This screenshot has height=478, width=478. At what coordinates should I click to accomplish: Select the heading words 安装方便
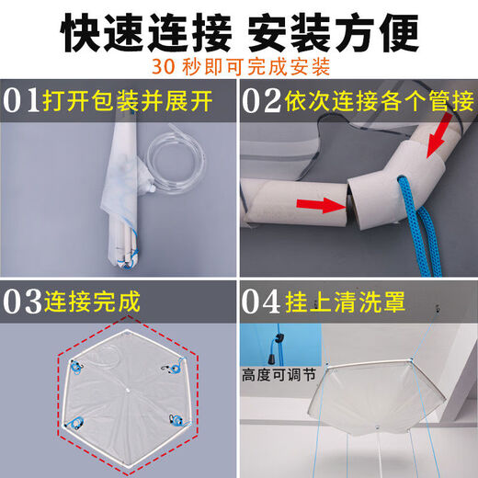[x=340, y=32]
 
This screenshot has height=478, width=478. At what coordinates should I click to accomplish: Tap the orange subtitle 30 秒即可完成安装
[x=240, y=68]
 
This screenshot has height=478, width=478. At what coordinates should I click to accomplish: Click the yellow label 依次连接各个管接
[x=377, y=100]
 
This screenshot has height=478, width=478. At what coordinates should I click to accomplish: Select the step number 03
[x=27, y=302]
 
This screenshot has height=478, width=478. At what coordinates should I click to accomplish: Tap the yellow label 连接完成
[x=101, y=302]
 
